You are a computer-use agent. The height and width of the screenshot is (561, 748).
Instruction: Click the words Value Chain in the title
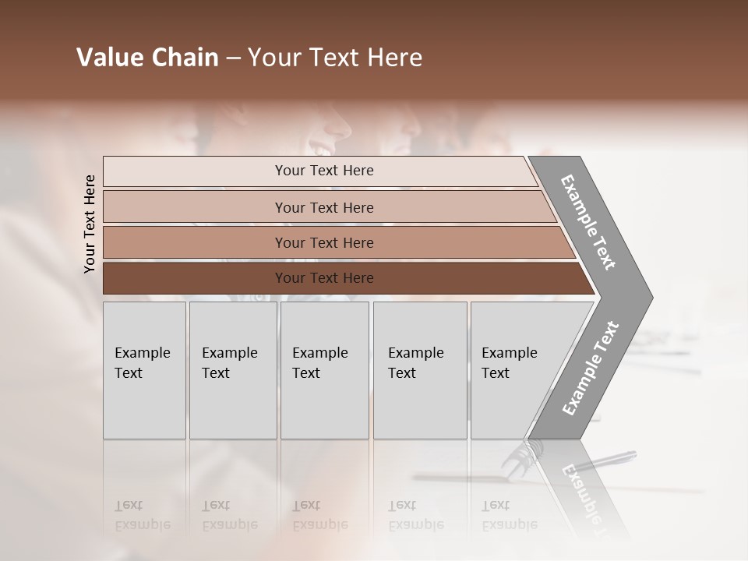point(147,58)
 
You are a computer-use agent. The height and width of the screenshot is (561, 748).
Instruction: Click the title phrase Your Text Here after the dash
point(335,58)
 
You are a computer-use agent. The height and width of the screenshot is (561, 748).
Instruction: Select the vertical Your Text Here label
point(90,224)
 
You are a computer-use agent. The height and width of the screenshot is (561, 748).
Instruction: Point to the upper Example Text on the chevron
point(588,222)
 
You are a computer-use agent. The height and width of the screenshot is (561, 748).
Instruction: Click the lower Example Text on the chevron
point(590,369)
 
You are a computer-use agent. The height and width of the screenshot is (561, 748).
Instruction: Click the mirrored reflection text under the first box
point(142,515)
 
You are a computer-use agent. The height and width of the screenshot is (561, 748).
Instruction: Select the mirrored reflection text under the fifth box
point(509,515)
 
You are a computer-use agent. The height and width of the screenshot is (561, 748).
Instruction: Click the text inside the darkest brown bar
point(324,278)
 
